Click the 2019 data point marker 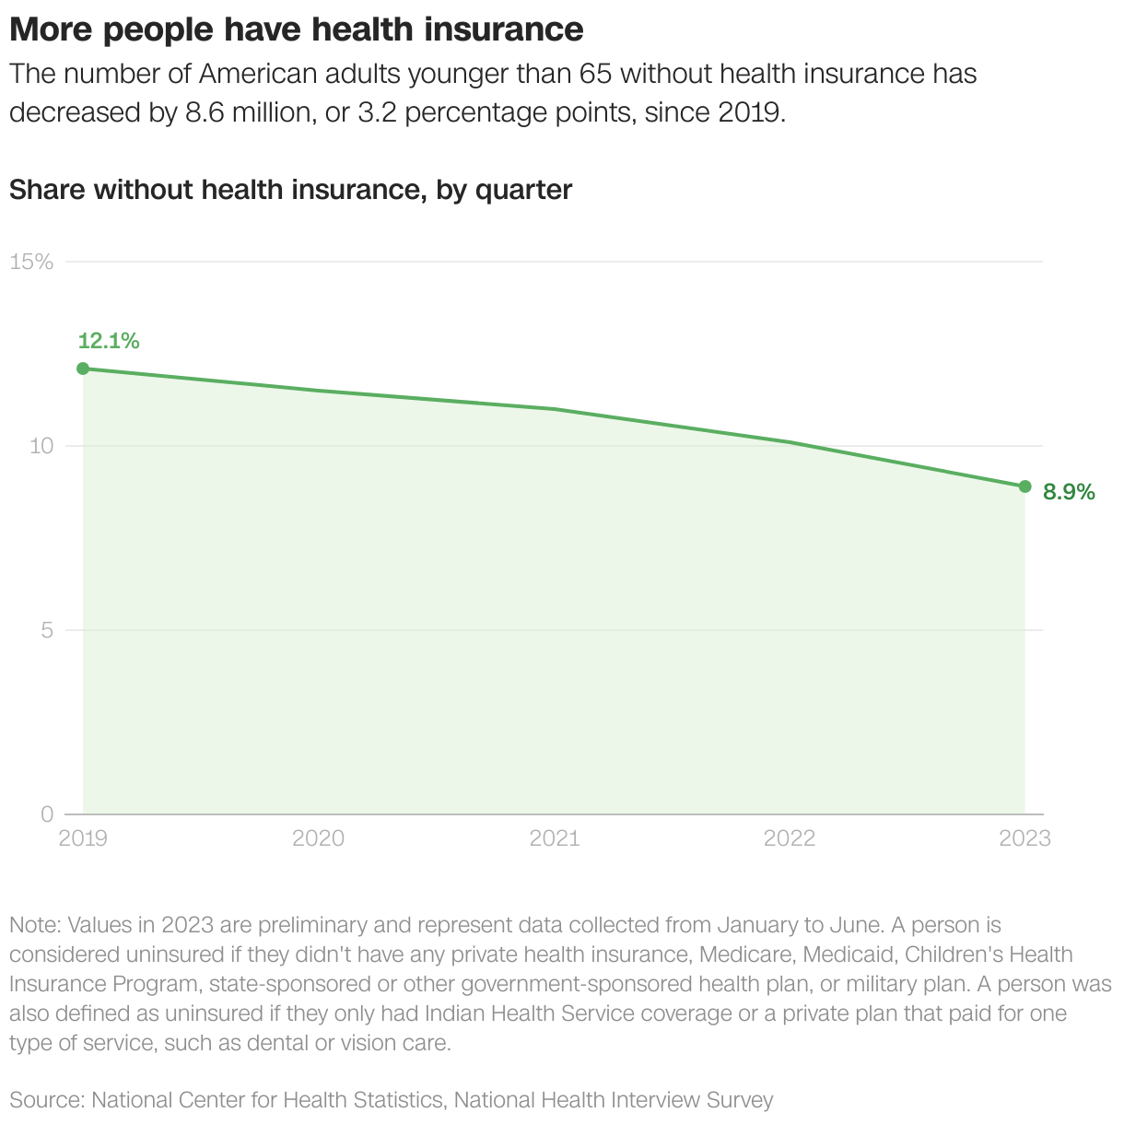point(83,369)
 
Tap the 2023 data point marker point(1024,486)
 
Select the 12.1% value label point(109,342)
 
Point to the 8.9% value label point(1069,492)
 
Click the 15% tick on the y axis point(31,262)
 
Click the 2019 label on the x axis point(83,837)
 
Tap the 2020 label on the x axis point(318,837)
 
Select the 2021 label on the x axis point(554,837)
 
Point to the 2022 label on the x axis point(790,837)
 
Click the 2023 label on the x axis point(1024,837)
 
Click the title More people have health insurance point(297,29)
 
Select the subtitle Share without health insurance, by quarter point(291,190)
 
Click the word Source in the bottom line point(46,1099)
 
